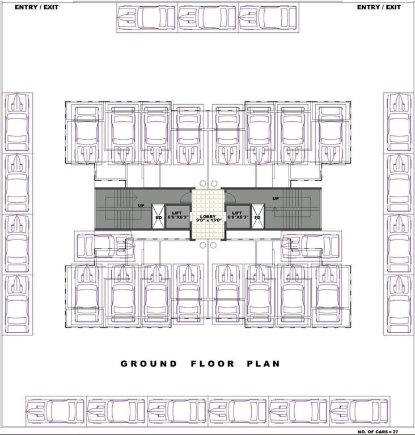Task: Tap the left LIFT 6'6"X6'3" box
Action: tap(176, 216)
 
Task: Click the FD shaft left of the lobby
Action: tap(158, 217)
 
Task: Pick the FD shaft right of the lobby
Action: tap(257, 217)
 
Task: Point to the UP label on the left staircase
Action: tap(140, 206)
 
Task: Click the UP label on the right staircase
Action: tap(276, 199)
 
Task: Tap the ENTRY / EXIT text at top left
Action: tap(36, 7)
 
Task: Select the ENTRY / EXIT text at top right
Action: tap(378, 7)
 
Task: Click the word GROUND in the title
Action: tap(149, 364)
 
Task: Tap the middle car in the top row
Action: tap(207, 18)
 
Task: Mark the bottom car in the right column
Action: tap(399, 305)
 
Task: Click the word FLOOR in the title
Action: tap(209, 364)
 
